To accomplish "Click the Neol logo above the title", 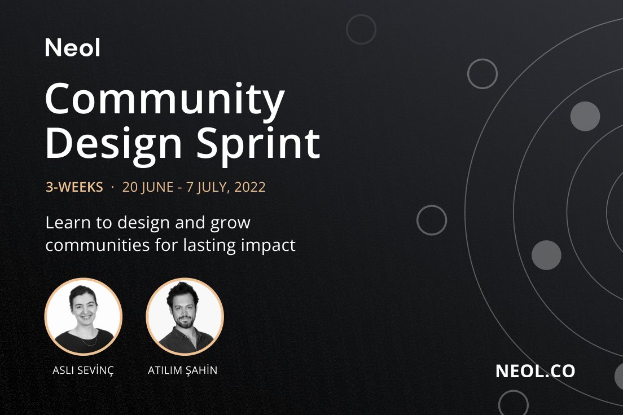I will point(73,47).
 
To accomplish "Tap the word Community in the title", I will point(165,99).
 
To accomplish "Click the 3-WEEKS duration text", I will point(74,187).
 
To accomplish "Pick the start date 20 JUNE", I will point(148,187).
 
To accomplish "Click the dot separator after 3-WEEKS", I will point(113,187).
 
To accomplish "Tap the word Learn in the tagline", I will point(66,223).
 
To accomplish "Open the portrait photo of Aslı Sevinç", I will point(83,316).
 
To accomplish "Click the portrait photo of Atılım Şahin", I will point(185,316).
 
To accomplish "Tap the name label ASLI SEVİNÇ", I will point(82,370).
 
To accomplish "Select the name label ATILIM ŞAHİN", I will point(182,370).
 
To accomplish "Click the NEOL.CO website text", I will point(535,370).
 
